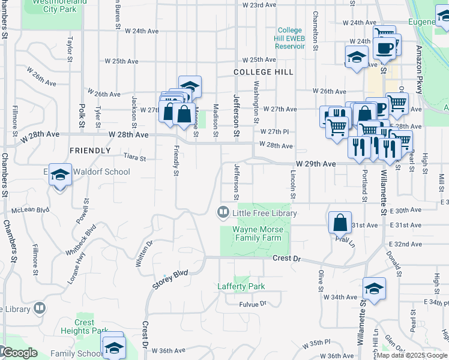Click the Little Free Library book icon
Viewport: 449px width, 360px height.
[223, 212]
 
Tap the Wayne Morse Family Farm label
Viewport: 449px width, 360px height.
[258, 233]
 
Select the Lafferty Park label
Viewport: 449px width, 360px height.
[241, 286]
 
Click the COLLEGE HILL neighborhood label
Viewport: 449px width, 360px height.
[264, 72]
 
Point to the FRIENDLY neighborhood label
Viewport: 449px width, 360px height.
[90, 150]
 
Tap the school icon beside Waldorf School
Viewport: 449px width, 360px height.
[60, 175]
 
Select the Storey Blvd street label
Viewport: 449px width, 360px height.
[170, 280]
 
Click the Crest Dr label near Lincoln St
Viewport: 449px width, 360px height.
[286, 258]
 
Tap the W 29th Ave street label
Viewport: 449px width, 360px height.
[315, 163]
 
